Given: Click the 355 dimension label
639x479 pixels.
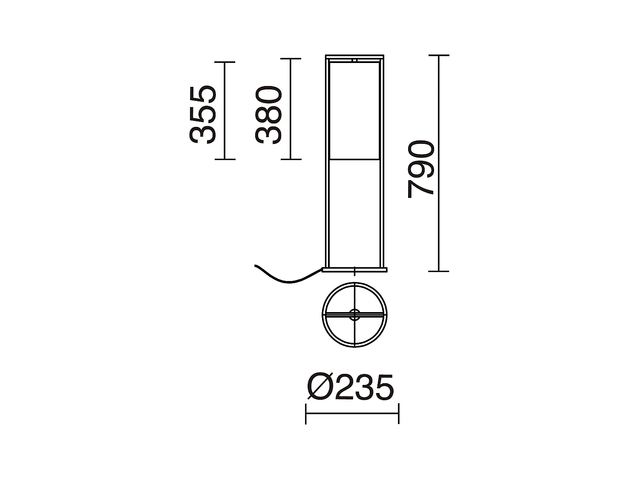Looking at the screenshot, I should [202, 115].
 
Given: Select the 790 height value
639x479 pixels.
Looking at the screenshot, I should [421, 169].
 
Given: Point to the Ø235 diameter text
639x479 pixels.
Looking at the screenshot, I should [349, 388].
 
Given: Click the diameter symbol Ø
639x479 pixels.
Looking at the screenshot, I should [319, 388].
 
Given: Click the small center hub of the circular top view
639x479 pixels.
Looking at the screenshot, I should [354, 315].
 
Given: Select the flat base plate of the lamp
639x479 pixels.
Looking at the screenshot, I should [354, 269].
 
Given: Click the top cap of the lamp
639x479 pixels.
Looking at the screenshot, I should [354, 57].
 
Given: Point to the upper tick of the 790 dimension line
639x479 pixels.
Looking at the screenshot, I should [438, 55].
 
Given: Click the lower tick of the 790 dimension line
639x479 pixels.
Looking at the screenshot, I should [438, 271].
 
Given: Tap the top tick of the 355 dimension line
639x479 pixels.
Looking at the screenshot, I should [225, 62].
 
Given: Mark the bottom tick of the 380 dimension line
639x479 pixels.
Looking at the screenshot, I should [291, 159].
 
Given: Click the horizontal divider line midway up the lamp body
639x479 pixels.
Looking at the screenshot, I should [354, 160].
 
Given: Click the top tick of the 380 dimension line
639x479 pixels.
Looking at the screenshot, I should [291, 59].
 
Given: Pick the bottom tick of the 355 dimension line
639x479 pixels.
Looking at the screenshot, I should [225, 159].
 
